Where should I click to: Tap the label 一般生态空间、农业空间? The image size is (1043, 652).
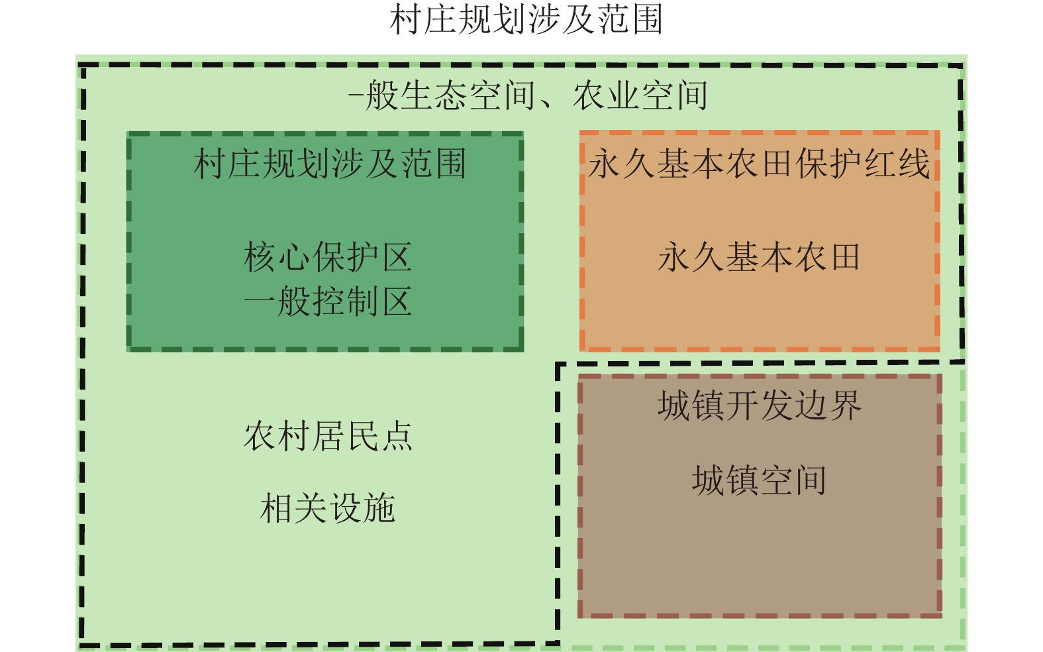(x=528, y=95)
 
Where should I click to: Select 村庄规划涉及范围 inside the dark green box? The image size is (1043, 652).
(x=330, y=164)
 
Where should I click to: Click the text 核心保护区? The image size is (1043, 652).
(x=328, y=257)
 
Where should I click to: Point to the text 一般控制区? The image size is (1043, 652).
(x=328, y=301)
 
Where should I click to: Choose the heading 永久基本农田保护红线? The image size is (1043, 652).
(x=759, y=164)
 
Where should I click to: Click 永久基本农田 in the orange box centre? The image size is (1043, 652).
(x=759, y=257)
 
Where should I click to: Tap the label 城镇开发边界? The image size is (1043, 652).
(x=759, y=405)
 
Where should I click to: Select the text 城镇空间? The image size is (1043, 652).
(x=759, y=480)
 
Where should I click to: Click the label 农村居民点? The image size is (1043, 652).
(x=328, y=436)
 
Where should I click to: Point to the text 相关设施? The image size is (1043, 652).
(x=328, y=509)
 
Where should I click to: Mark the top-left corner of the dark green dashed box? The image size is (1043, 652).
(x=128, y=134)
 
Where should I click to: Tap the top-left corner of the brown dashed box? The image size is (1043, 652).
(x=580, y=376)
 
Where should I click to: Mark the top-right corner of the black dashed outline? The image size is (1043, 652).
(x=962, y=66)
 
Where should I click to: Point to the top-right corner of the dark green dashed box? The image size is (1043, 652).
(x=522, y=134)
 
